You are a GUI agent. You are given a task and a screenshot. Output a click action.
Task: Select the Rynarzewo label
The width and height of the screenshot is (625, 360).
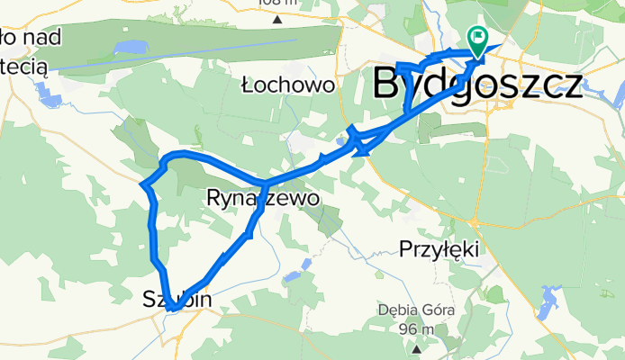point(263,198)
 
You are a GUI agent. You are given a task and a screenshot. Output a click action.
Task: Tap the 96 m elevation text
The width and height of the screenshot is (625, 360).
point(416,328)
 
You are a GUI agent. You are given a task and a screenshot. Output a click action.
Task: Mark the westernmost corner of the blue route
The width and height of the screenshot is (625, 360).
point(144,185)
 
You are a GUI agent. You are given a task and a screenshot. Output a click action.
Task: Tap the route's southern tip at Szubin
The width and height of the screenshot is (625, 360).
point(169,309)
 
